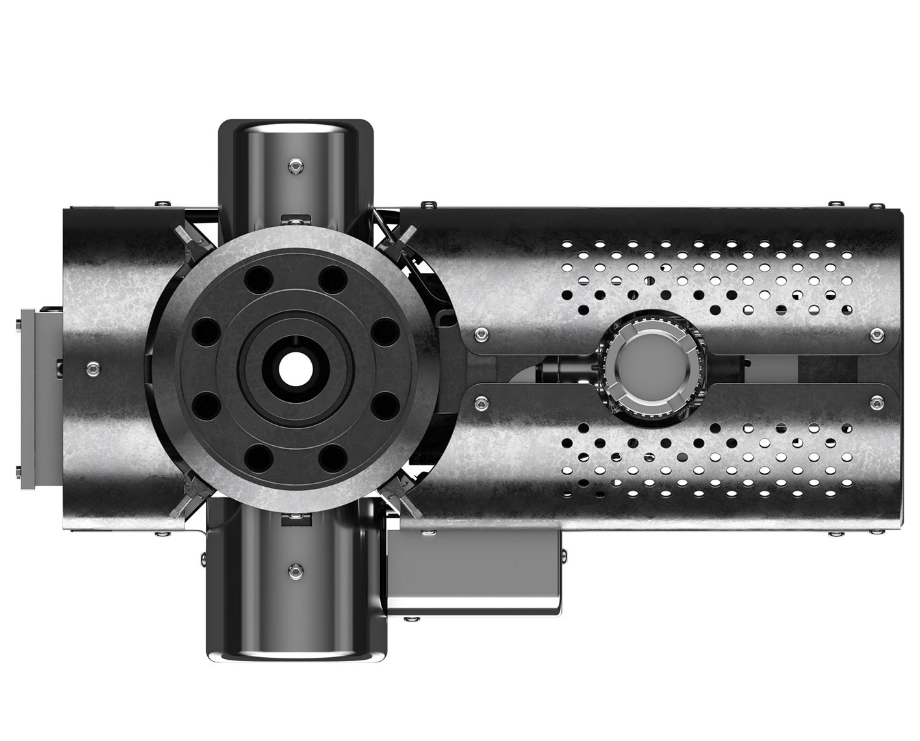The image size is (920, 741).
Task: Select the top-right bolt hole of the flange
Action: pos(333,280)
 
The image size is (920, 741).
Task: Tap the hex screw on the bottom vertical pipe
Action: pos(295,571)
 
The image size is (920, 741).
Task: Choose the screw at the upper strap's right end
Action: pos(877,335)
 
